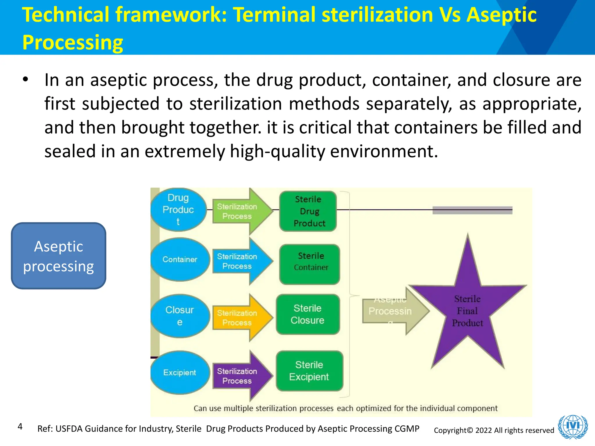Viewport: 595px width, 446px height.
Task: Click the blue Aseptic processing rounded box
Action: [58, 256]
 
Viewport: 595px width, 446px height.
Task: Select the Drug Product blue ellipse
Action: [178, 210]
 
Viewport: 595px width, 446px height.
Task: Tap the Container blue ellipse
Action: [180, 259]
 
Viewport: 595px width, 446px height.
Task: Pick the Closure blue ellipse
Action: [180, 316]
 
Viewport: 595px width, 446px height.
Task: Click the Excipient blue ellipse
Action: [180, 373]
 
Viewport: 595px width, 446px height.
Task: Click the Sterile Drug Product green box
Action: [308, 211]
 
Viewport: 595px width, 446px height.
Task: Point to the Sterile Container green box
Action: [310, 264]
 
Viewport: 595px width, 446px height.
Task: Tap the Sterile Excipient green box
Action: [309, 371]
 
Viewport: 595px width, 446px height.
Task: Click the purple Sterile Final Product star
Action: [467, 311]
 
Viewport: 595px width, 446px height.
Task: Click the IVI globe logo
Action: [573, 427]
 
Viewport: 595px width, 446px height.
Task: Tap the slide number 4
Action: [20, 426]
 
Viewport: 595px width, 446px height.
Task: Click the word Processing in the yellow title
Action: [73, 42]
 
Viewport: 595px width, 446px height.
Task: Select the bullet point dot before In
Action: [26, 79]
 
